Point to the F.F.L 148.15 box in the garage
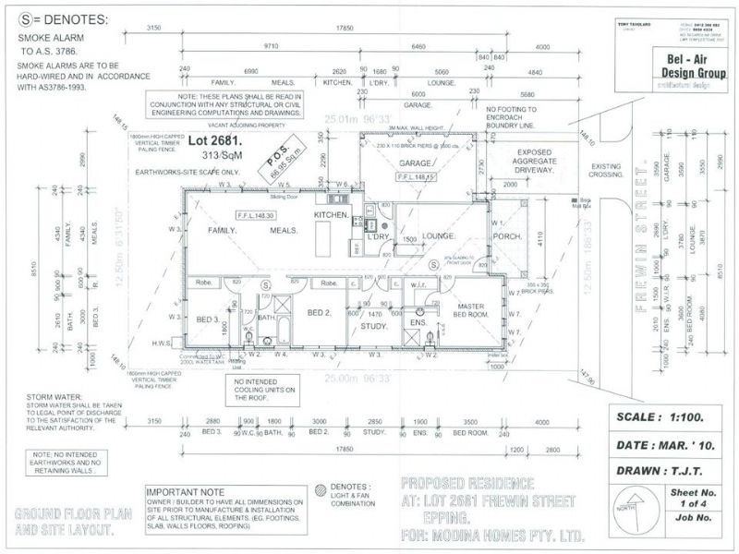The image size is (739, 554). [416, 175]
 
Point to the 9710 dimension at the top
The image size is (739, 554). [271, 45]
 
